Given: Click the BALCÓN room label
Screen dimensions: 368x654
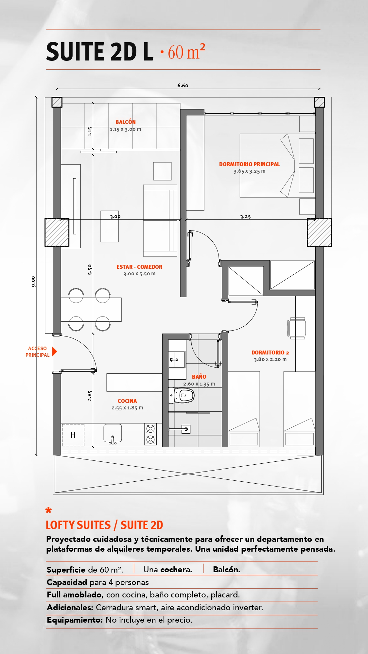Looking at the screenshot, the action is pos(126,122).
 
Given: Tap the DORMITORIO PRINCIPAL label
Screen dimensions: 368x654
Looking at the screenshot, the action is pos(249,164).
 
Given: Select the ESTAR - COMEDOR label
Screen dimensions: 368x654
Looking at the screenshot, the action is pos(139,267).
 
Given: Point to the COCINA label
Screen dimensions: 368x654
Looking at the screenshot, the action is pos(127,401).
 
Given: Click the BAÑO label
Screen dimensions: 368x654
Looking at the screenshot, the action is pos(199,377).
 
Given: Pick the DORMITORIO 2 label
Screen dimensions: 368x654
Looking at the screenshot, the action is pos(270,353).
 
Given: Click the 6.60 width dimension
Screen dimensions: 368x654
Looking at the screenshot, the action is pos(183,85).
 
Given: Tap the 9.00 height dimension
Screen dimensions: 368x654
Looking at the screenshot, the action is pos(33,282).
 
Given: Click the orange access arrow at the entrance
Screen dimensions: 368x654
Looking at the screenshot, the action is pos(55,351).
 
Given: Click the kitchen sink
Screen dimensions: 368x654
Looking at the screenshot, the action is pos(113,434).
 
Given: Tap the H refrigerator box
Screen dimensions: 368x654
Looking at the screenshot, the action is pos(73,435).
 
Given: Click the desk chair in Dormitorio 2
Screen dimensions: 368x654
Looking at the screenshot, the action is pos(297,328).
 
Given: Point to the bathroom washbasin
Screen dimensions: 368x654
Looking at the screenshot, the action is pos(177,360).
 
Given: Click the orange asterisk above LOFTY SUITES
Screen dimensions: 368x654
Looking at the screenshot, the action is pos(49,510).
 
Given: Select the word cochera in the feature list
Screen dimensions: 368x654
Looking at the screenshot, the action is pos(176,570).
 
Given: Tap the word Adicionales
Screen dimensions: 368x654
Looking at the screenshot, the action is pos(70,608).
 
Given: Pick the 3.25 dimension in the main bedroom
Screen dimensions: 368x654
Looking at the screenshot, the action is pos(245,217).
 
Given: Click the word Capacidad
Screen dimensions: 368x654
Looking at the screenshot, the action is pos(67,582).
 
